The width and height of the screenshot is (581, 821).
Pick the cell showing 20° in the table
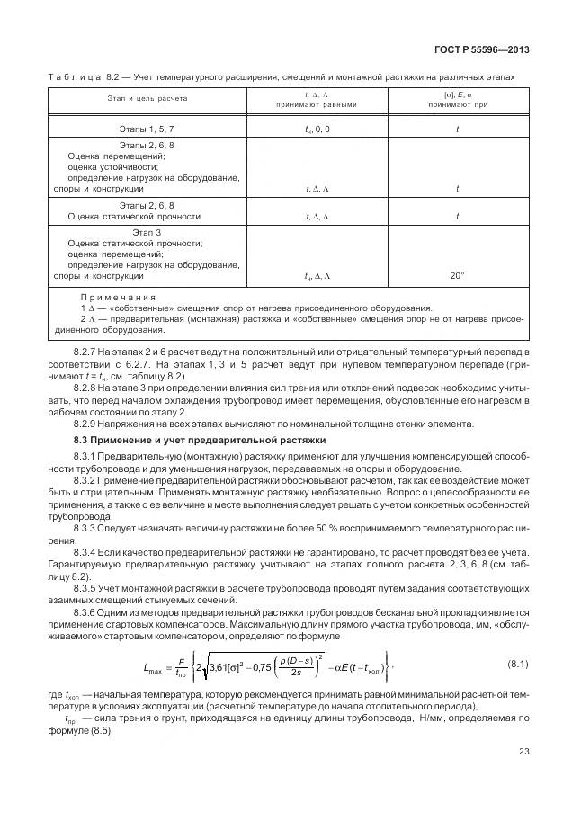tap(457, 276)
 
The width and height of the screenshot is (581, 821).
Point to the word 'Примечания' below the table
tap(118, 297)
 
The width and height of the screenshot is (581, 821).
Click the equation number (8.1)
tap(519, 665)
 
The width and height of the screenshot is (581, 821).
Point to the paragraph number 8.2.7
tap(88, 346)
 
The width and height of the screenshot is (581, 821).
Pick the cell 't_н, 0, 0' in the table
tap(317, 129)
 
